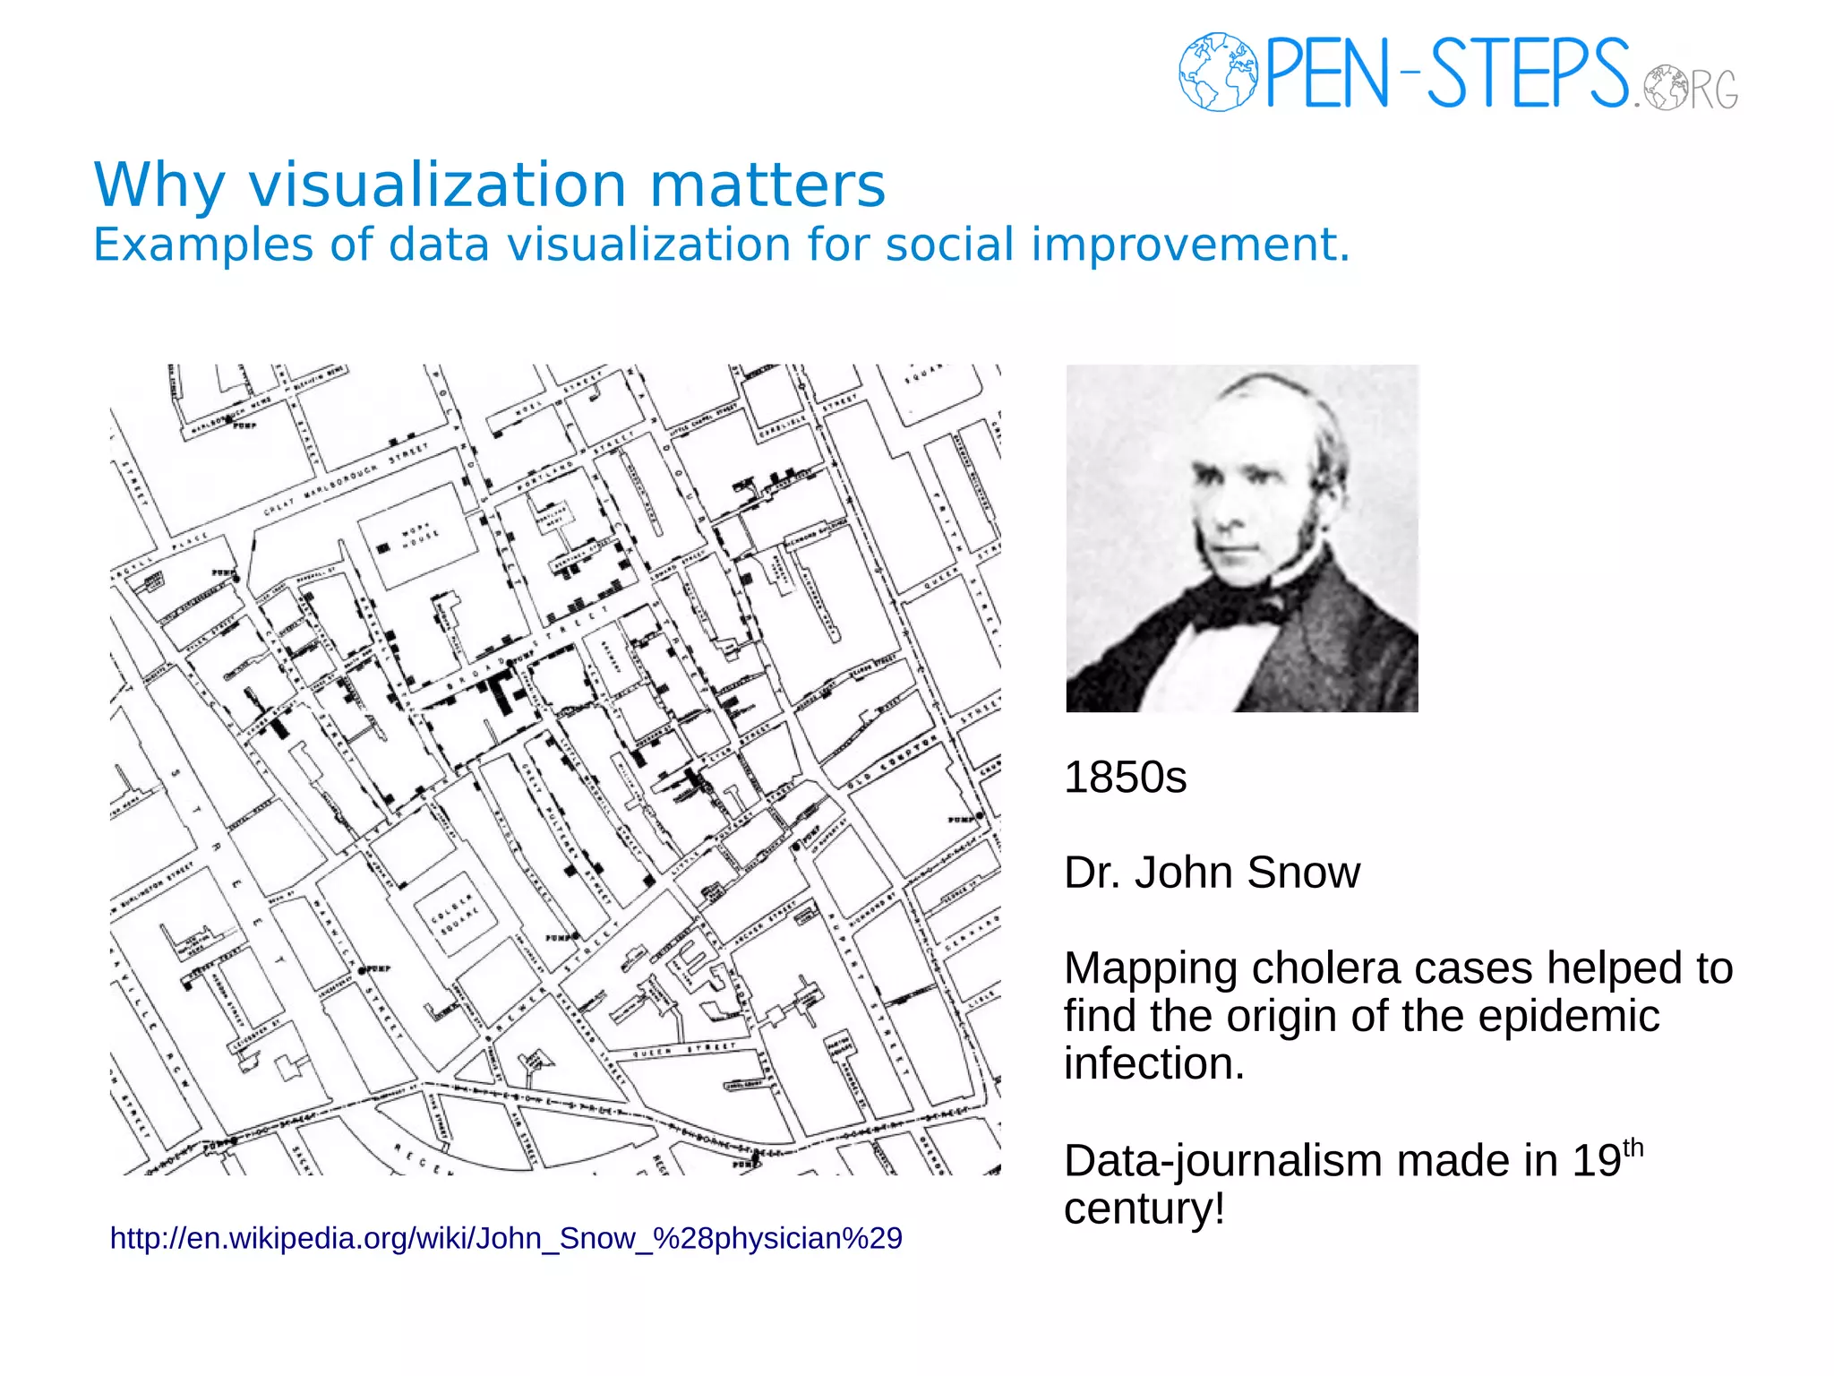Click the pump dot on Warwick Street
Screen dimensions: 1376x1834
pos(362,968)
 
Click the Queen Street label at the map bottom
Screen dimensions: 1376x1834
pos(684,1050)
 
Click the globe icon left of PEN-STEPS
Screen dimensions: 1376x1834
pos(1217,72)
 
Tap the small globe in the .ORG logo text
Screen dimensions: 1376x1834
pos(1666,87)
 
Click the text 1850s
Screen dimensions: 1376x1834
pos(1125,777)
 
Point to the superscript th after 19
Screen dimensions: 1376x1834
pos(1633,1148)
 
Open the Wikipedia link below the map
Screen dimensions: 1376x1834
pos(506,1238)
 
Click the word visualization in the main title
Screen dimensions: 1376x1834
pos(437,185)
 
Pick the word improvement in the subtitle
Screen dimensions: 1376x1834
pos(1189,245)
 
